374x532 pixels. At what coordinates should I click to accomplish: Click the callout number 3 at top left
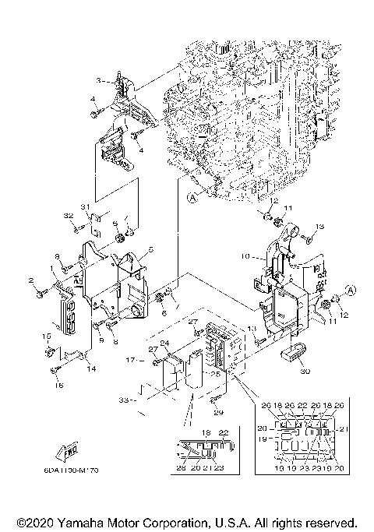tap(99, 81)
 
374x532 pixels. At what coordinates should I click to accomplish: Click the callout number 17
tap(132, 361)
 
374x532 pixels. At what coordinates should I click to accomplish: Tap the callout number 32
tap(68, 215)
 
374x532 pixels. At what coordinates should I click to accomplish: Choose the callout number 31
tap(87, 206)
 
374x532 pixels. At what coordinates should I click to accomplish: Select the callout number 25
tap(213, 373)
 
